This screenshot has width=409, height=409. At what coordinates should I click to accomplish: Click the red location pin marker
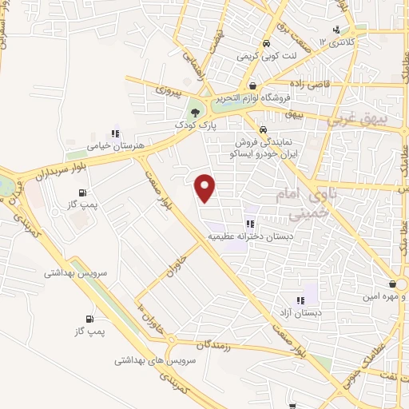tap(206, 189)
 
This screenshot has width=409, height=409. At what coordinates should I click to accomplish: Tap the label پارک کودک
tap(195, 126)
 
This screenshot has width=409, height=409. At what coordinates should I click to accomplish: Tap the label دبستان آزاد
tap(300, 314)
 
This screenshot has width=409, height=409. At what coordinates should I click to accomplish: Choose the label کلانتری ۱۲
tap(336, 42)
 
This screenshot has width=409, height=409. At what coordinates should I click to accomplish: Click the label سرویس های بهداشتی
tap(148, 361)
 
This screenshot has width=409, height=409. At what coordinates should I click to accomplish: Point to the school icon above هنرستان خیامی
tap(115, 133)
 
